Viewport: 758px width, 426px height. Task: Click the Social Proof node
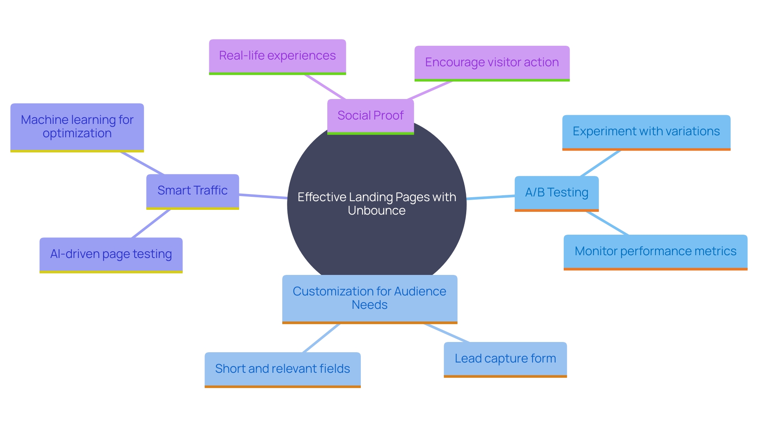(x=370, y=116)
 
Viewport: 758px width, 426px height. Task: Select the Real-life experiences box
(x=277, y=56)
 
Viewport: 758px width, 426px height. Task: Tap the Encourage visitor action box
(x=492, y=63)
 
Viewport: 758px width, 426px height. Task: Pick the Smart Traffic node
(x=192, y=191)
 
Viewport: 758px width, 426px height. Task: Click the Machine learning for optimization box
(x=77, y=127)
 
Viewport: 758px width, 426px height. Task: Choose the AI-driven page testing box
(x=111, y=254)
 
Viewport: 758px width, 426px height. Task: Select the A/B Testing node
(x=556, y=192)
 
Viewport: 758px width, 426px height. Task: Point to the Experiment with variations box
(x=646, y=131)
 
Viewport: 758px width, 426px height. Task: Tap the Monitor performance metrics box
(x=655, y=251)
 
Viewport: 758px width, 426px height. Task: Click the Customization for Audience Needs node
(x=370, y=298)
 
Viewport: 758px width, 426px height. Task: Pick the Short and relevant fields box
(x=282, y=369)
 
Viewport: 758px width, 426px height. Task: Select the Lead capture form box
(x=505, y=359)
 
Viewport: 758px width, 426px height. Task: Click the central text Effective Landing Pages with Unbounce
(x=377, y=197)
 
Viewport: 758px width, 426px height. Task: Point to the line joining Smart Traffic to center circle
(x=263, y=196)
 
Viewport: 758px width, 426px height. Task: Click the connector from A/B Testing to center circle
(x=490, y=197)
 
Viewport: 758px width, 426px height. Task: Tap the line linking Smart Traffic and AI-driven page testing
(x=151, y=224)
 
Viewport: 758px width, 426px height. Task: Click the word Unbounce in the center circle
(x=377, y=211)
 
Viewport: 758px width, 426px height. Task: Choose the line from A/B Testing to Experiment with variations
(x=600, y=163)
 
